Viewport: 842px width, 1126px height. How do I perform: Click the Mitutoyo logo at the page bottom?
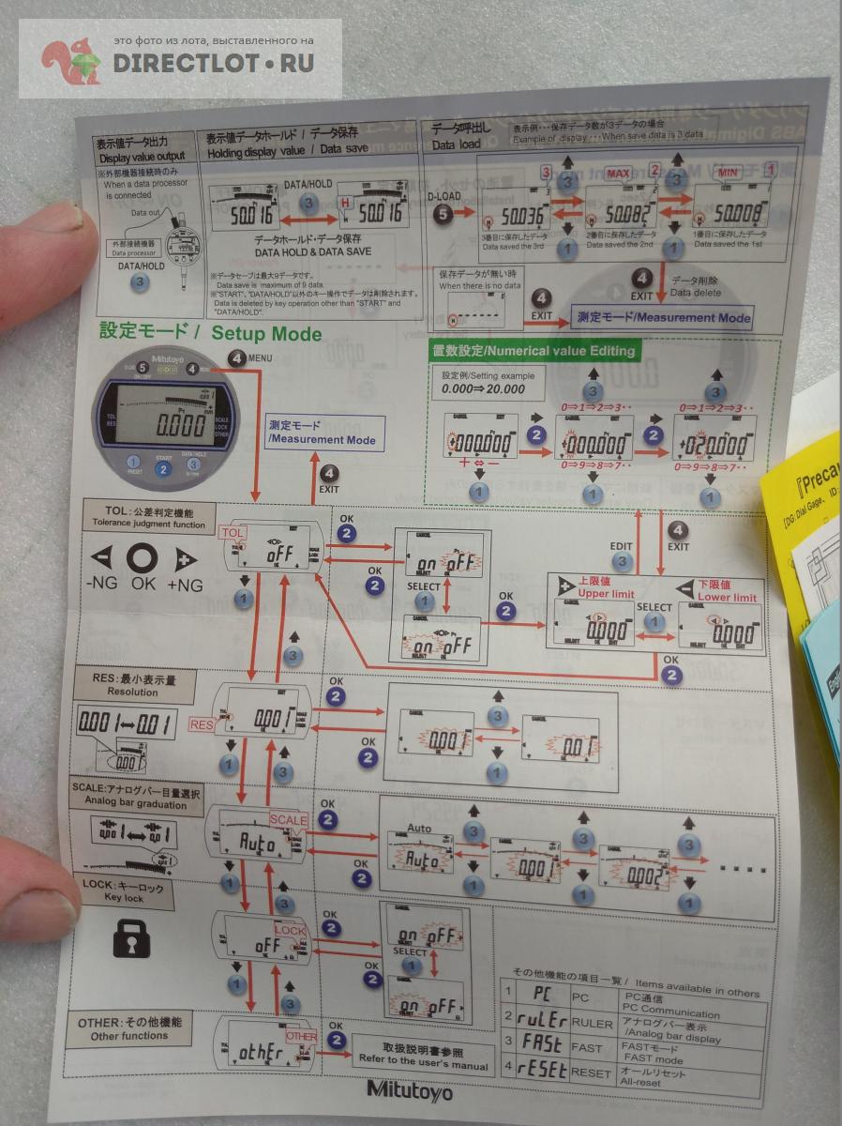[x=409, y=1090]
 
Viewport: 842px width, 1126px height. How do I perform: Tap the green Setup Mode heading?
[x=210, y=333]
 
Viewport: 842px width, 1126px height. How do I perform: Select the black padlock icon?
[x=131, y=938]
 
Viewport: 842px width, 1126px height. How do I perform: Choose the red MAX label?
[x=618, y=174]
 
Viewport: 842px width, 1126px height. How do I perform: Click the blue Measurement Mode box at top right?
[x=662, y=317]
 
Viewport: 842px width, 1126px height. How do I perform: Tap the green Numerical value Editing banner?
[x=533, y=351]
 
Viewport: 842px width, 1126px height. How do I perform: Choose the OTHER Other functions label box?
[x=129, y=1028]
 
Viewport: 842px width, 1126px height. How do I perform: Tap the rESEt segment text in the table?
[x=543, y=1070]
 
